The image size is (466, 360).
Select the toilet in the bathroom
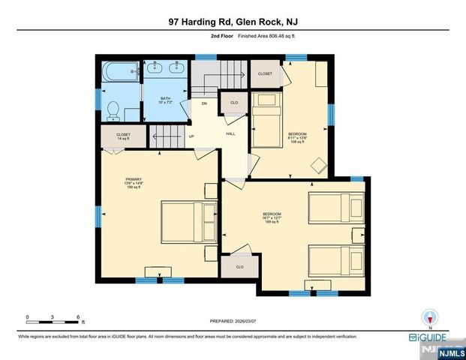[113, 109]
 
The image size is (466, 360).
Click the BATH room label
[166, 100]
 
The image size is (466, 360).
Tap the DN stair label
[203, 104]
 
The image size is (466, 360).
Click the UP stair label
[191, 136]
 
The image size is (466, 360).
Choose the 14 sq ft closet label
[123, 136]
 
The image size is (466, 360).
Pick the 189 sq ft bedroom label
[271, 217]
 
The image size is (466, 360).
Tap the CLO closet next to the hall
[233, 102]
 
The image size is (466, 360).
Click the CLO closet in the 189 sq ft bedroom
[240, 267]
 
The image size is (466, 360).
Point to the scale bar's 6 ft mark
[78, 317]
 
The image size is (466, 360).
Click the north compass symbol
[429, 317]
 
